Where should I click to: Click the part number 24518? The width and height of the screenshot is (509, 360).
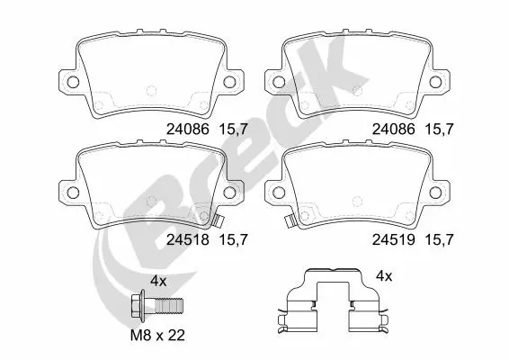click(188, 239)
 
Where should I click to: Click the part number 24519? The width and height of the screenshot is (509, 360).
click(393, 239)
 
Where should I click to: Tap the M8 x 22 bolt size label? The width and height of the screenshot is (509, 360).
click(157, 335)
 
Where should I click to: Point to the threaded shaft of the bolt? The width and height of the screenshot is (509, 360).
click(169, 306)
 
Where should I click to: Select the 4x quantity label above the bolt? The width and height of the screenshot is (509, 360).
click(158, 281)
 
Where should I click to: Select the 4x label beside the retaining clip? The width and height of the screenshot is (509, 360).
click(384, 276)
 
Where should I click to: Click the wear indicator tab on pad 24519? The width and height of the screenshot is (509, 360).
click(289, 222)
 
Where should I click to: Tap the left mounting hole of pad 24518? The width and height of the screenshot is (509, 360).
click(73, 193)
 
